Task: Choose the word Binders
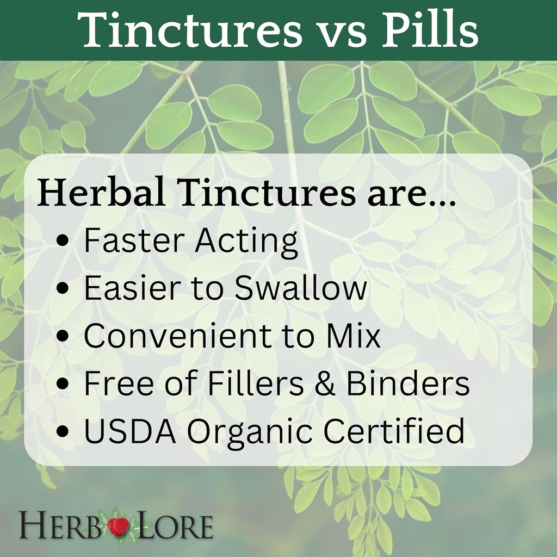pos(407,383)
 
